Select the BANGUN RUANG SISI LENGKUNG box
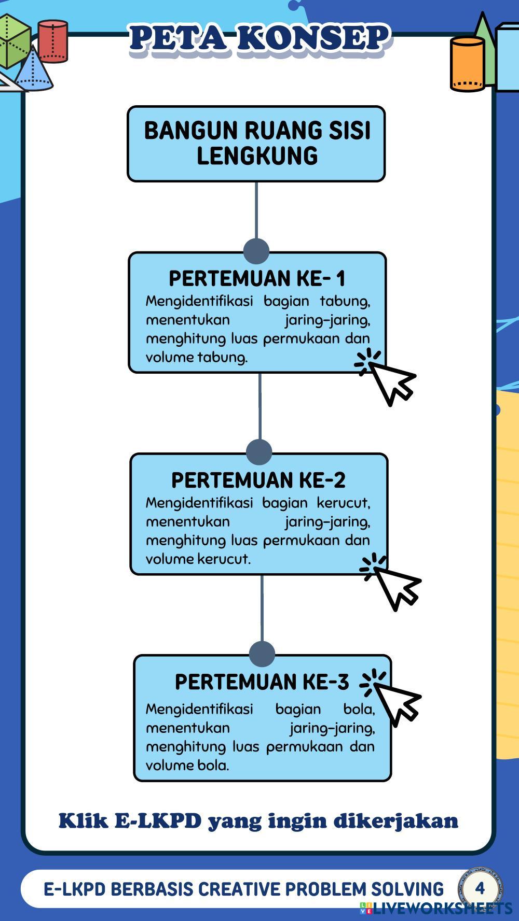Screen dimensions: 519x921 point(256,144)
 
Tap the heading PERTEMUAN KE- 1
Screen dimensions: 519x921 point(257,278)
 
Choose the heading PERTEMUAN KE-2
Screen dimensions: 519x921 point(258,480)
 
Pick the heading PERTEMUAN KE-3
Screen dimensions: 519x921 point(262,682)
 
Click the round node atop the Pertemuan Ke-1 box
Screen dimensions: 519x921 point(256,251)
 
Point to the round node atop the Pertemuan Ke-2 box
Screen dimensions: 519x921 point(259,451)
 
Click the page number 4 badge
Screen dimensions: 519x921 point(480,888)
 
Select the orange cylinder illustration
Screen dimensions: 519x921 point(467,64)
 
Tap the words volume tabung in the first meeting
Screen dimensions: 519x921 point(196,357)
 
